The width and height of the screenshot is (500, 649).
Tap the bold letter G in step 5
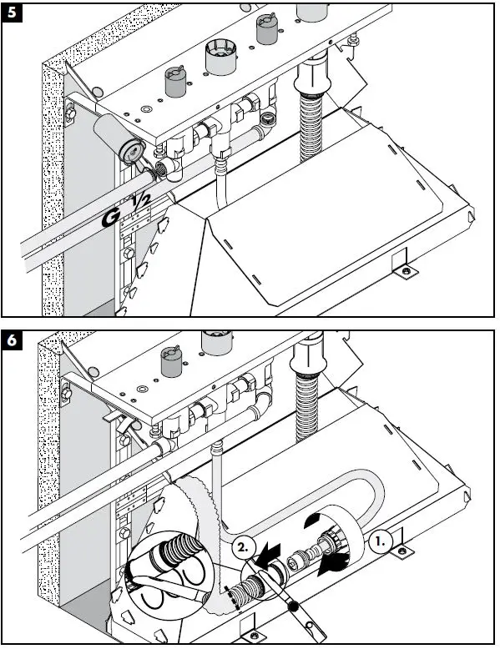109,219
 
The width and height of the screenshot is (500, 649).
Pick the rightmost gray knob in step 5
265,32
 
